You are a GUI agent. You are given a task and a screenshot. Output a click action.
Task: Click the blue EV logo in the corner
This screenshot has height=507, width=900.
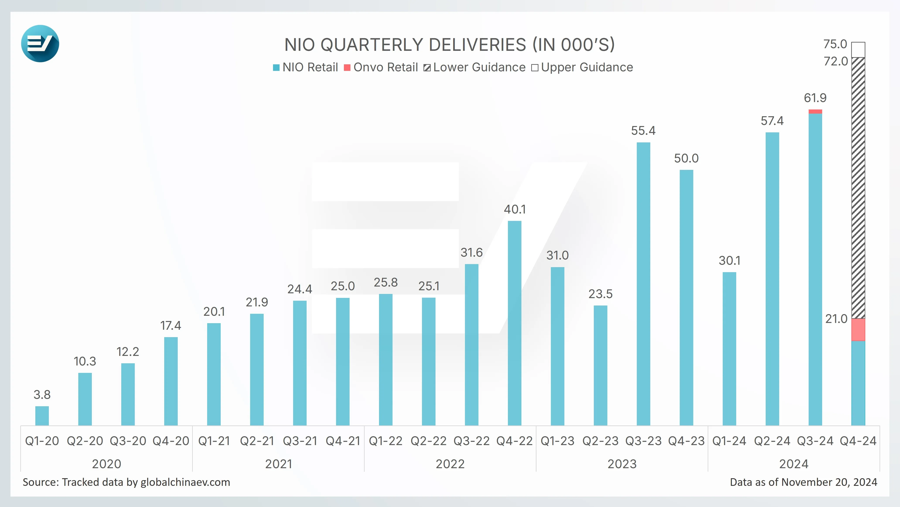point(40,44)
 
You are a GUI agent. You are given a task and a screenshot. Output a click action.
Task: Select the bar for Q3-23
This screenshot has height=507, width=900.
point(643,284)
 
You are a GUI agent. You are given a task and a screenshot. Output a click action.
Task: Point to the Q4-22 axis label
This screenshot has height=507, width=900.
point(514,441)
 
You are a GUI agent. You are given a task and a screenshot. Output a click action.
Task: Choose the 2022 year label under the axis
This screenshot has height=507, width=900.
point(450,464)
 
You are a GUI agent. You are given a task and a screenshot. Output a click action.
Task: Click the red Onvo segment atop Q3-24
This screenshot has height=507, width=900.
point(815,111)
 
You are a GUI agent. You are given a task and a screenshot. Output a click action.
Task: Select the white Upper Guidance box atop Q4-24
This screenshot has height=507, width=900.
point(858,50)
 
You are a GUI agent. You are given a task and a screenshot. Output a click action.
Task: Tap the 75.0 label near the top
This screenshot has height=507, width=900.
point(835,44)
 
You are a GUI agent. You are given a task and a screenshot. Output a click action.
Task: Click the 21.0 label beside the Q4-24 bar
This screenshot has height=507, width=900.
point(836,319)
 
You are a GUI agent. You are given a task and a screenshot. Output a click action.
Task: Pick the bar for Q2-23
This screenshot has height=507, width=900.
point(600,365)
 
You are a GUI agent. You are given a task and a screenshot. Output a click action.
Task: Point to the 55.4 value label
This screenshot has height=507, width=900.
point(643,131)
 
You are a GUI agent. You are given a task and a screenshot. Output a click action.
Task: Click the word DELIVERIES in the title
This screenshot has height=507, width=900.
point(477,45)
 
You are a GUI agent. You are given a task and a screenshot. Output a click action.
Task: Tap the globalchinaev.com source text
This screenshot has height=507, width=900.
point(185,482)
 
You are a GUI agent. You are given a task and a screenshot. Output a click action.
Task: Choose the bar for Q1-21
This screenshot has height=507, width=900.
point(214,374)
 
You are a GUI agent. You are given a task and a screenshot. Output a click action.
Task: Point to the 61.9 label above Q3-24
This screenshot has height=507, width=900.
point(815,98)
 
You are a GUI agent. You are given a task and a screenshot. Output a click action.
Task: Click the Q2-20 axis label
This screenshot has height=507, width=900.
point(85,441)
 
